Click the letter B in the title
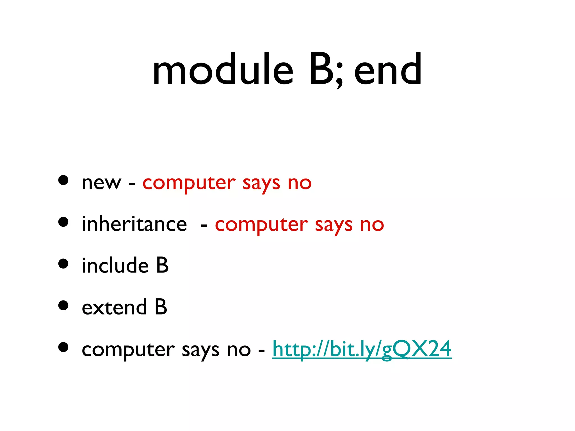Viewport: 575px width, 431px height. point(321,70)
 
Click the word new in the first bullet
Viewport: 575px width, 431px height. point(101,183)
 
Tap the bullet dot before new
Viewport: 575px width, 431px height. point(63,180)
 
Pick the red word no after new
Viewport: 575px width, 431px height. point(300,183)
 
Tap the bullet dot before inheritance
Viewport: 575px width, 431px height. point(63,222)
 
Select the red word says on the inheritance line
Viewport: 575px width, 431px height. point(334,225)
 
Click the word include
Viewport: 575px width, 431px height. point(115,265)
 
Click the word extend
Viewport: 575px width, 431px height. point(114,307)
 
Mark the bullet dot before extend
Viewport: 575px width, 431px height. point(63,305)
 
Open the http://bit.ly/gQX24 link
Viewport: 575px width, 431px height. point(362,349)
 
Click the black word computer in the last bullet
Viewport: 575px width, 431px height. point(128,350)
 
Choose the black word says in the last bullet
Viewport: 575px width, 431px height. point(200,351)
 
